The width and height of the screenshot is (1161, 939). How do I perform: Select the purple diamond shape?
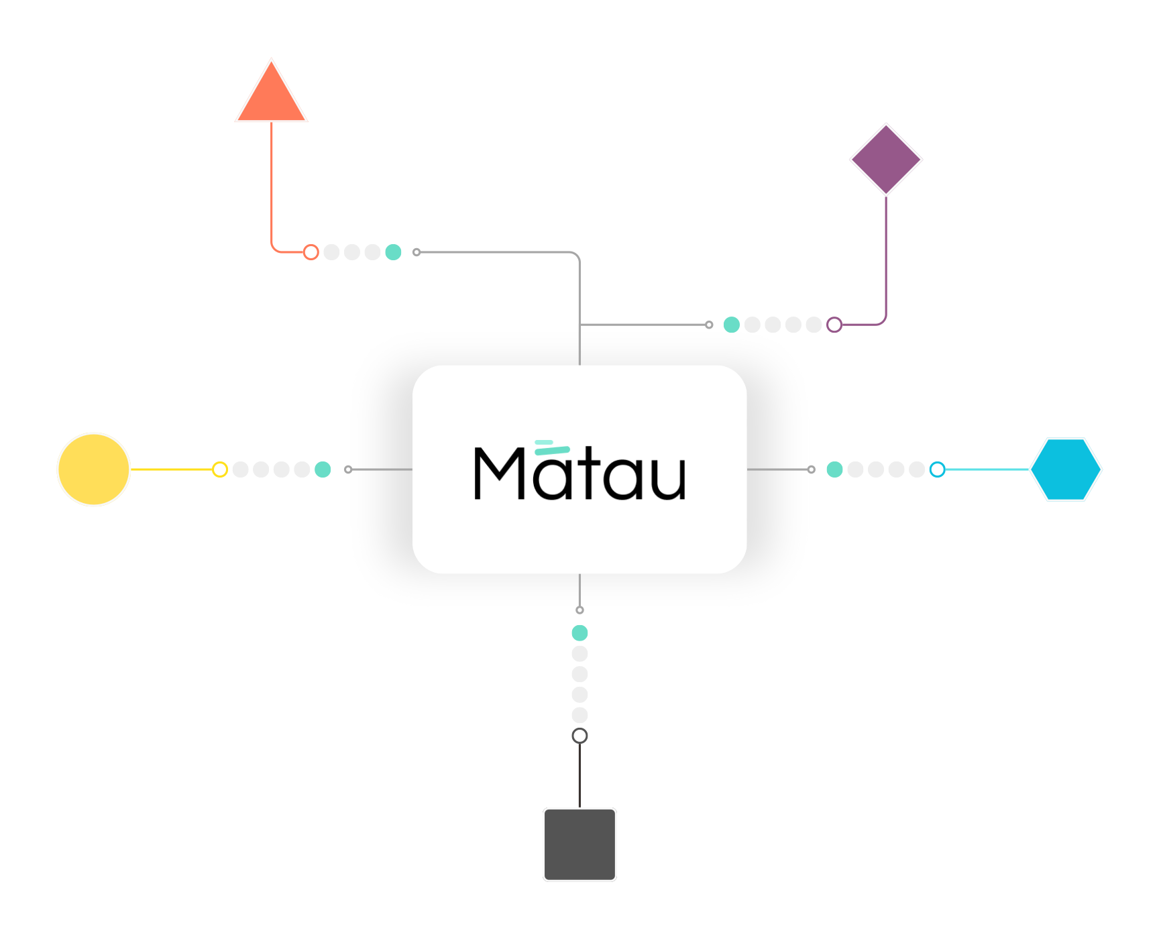[886, 160]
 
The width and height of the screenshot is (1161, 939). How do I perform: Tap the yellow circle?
[94, 469]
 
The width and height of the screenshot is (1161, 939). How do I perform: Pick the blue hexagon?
[1066, 469]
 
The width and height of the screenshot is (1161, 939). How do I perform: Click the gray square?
[579, 844]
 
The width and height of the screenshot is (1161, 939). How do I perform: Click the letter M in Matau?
[500, 474]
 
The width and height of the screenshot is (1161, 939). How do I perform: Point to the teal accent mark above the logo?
[551, 447]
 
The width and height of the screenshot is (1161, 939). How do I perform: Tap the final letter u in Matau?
[667, 478]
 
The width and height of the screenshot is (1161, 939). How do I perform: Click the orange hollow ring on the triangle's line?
[311, 252]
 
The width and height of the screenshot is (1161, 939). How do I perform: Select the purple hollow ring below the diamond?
[834, 325]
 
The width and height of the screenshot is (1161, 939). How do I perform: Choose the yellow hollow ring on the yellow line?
[220, 469]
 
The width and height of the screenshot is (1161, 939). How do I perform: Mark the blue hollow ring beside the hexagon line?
[938, 469]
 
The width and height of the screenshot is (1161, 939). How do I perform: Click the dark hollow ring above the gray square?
[579, 736]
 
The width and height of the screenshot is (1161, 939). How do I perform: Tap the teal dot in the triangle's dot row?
[393, 252]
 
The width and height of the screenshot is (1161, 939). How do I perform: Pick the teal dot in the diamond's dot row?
[732, 325]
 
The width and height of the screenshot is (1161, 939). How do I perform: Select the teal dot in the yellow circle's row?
[323, 469]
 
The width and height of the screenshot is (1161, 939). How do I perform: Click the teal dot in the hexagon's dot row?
[834, 469]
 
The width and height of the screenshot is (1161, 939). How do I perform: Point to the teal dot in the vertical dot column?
[579, 632]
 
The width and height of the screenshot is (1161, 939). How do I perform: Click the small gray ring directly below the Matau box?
[579, 610]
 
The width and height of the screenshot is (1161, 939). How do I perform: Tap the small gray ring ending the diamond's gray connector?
[709, 325]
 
